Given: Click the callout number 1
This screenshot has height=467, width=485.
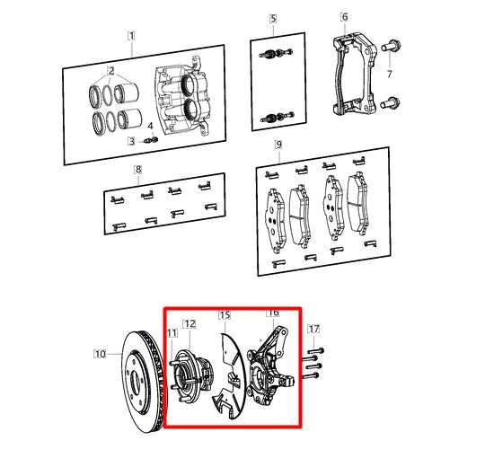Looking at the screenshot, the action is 131,36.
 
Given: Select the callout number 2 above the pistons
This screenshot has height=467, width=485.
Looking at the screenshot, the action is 110,71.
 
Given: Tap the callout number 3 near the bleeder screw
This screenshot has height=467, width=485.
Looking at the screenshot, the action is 132,141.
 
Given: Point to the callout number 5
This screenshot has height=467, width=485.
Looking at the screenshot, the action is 273,19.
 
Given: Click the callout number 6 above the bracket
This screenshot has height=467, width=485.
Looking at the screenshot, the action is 345,16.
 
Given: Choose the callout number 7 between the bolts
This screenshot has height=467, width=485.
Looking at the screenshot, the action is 390,74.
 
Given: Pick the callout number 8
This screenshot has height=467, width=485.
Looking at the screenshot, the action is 138,170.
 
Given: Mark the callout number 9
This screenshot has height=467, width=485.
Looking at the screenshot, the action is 278,145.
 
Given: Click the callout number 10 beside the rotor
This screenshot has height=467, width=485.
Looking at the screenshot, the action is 100,354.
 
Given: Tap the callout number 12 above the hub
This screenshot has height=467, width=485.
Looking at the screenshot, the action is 190,324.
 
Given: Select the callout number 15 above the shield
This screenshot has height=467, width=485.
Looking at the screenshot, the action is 225,315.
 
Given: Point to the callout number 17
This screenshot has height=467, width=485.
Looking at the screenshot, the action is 314,329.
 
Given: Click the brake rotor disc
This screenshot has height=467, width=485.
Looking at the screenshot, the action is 143,383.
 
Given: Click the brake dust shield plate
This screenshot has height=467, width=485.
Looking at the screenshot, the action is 229,376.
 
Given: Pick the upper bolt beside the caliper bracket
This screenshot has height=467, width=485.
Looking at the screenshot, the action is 391,46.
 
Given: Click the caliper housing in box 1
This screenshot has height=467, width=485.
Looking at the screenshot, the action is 183,99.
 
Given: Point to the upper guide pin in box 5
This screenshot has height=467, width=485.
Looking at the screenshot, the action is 276,53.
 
